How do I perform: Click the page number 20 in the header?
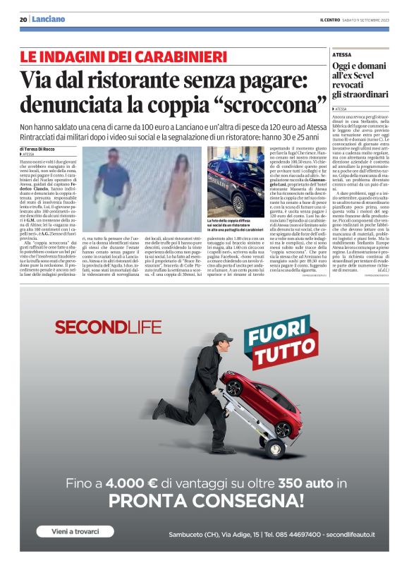(23, 19)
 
